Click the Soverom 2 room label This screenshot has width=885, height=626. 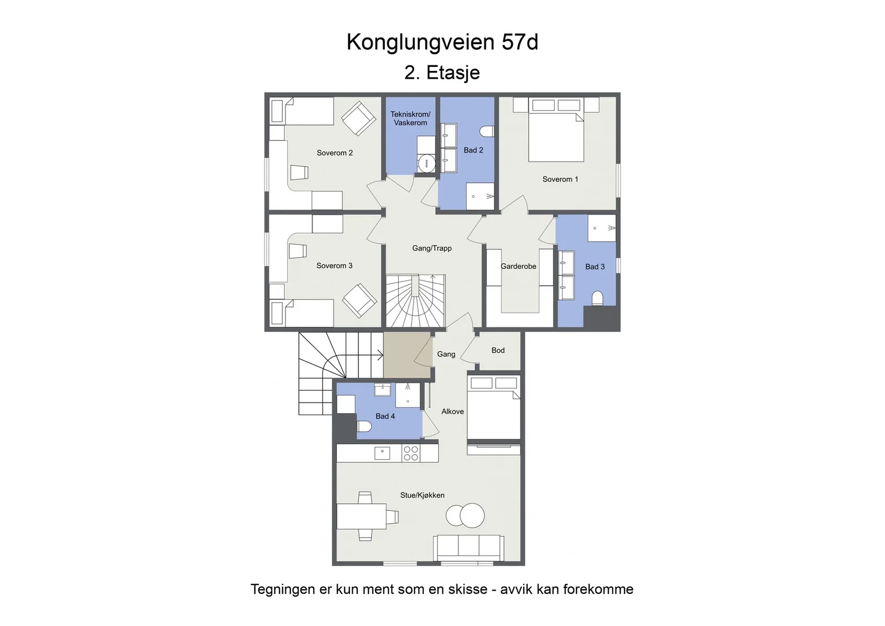pos(335,153)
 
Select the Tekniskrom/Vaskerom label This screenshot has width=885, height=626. pos(410,118)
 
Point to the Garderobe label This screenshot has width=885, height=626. pos(518,266)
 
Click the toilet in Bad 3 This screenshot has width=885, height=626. pos(597,299)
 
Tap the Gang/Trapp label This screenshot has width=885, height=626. pos(432,248)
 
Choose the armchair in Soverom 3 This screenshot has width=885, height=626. pos(359,301)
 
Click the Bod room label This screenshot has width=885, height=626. pos(498,350)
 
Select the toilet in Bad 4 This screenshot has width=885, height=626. pos(365,426)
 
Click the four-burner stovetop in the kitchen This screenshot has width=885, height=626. pos(411,453)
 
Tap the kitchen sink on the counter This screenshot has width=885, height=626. pos(382,452)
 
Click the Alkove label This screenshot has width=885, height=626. pos(452,411)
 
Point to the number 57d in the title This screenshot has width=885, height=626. pos(520,42)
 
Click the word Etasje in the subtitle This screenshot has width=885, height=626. pos(453,72)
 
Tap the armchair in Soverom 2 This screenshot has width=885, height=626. pos(358,118)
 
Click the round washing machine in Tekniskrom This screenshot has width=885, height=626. pos(426,163)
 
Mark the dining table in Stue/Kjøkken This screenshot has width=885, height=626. pos(362,516)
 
